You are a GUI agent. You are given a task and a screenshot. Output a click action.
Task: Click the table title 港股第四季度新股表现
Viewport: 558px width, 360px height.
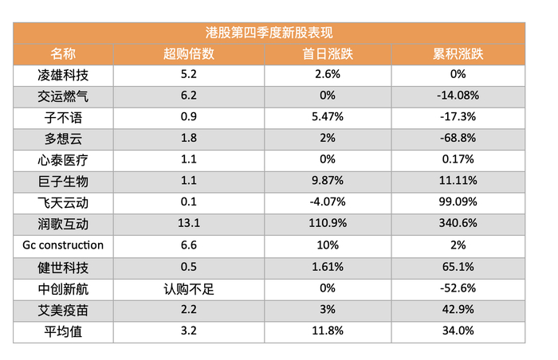click(269, 33)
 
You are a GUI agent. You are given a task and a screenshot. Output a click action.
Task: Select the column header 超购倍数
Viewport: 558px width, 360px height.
click(189, 54)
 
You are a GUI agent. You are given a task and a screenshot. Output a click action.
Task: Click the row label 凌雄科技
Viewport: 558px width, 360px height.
click(63, 75)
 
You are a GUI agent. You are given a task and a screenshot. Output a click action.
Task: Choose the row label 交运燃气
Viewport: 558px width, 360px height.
click(63, 96)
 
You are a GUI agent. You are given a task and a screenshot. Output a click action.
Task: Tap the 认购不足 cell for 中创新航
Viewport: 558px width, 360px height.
click(189, 288)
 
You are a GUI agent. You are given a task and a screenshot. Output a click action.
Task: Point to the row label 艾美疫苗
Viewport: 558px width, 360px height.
click(63, 310)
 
